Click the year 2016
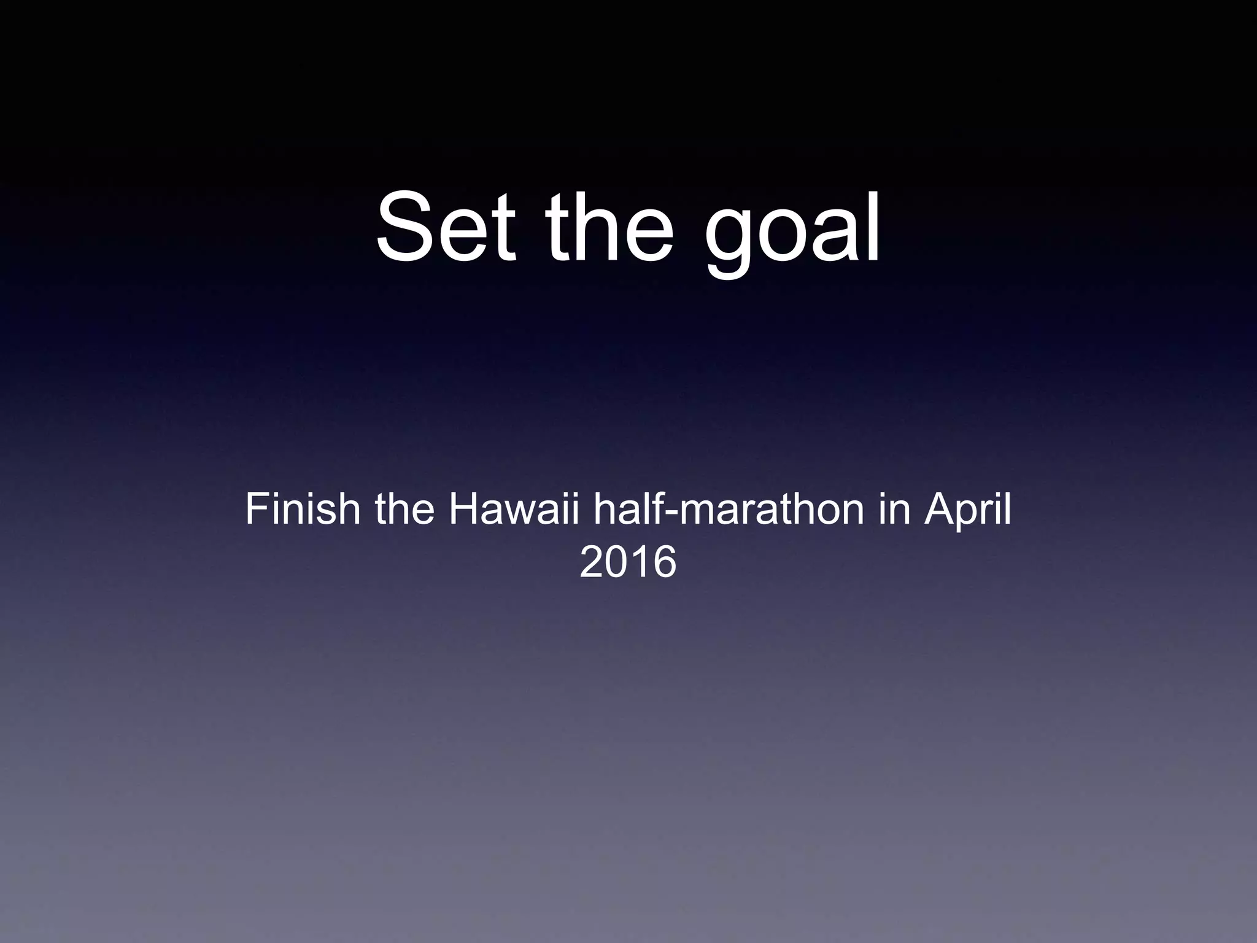coord(628,562)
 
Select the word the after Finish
coord(404,509)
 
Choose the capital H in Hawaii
coord(464,509)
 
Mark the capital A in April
coord(939,509)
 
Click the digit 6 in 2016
coord(663,562)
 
